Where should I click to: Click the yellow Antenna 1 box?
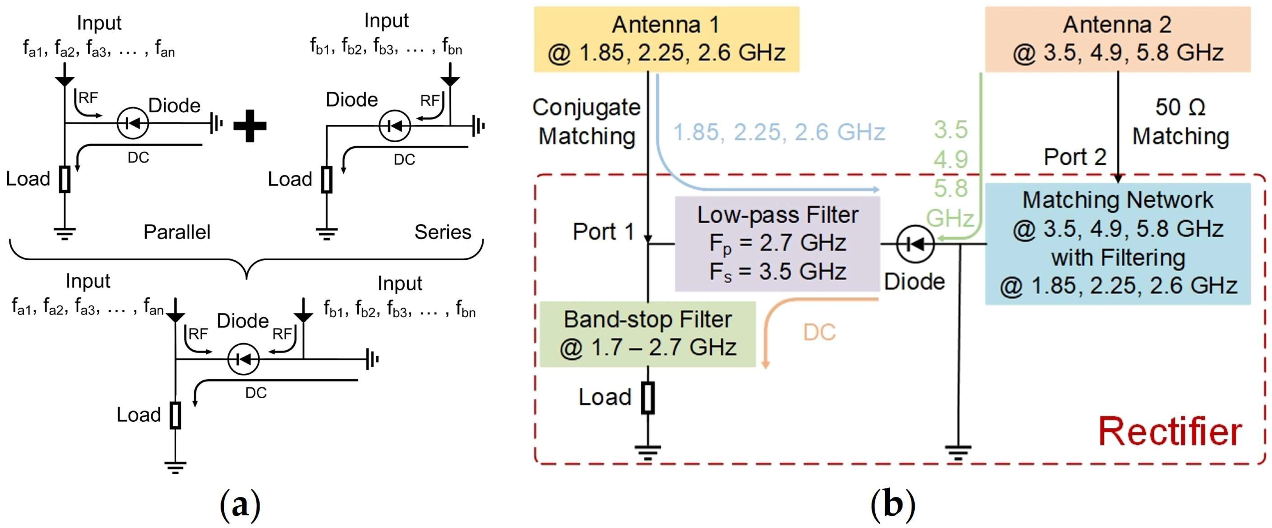pos(666,39)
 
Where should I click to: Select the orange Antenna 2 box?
pos(1117,39)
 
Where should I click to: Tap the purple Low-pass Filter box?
pos(777,244)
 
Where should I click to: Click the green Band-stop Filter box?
pos(647,334)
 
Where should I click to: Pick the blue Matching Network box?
pos(1117,244)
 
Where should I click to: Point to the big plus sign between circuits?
pos(250,126)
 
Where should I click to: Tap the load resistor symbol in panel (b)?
pos(648,398)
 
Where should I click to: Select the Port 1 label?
pos(603,231)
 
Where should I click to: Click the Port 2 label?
pos(1075,157)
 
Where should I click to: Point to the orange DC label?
pos(819,332)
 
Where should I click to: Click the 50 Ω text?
pos(1180,107)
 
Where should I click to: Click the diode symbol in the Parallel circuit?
pos(132,123)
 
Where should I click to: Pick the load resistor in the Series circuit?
pos(326,180)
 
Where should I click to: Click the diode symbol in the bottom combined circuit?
pos(243,359)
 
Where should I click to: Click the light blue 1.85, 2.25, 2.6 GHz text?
pos(779,132)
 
